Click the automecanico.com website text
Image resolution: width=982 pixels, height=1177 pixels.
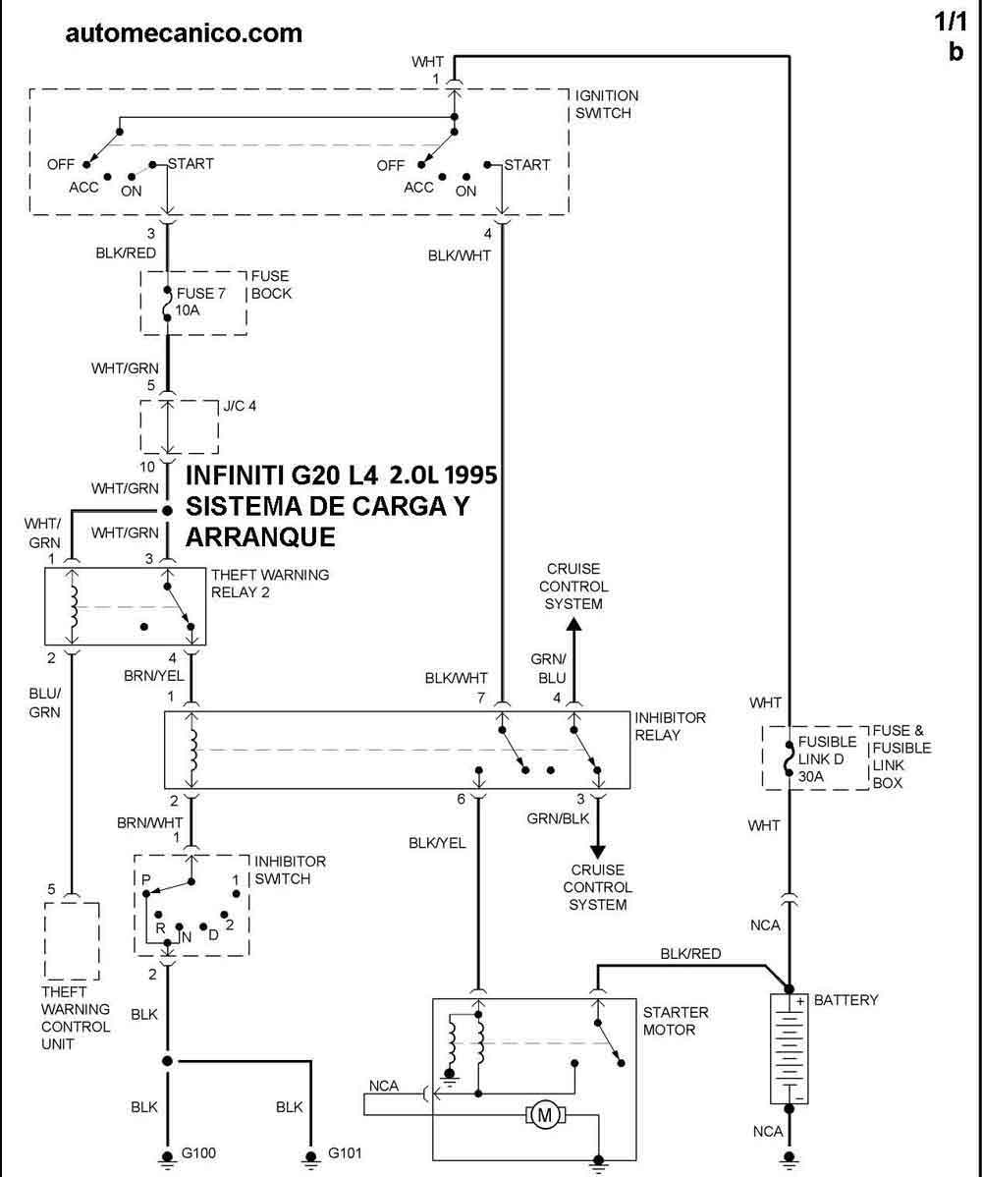184,33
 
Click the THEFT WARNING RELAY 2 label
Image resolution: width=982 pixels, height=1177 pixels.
270,583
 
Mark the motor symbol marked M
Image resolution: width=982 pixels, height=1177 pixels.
543,1114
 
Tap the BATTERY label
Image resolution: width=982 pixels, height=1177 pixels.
846,1000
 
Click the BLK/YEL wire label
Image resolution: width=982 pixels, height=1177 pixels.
438,842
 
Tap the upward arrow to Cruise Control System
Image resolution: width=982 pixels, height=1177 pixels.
573,629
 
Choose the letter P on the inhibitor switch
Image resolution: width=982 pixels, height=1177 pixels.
145,877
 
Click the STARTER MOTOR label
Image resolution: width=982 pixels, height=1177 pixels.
676,1021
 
